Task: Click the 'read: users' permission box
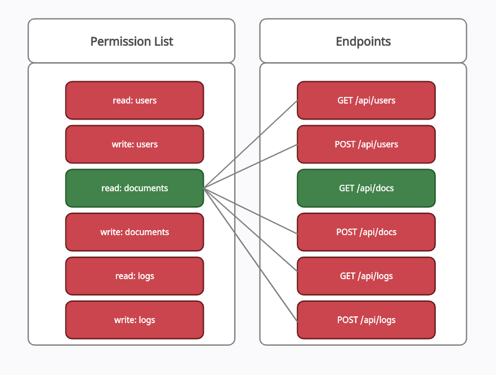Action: pyautogui.click(x=135, y=100)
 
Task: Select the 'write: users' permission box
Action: pyautogui.click(x=135, y=144)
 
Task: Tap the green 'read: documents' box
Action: pyautogui.click(x=135, y=188)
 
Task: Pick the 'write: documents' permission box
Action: pyautogui.click(x=135, y=232)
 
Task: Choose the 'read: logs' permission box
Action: pyautogui.click(x=135, y=276)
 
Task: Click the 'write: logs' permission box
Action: pyautogui.click(x=135, y=320)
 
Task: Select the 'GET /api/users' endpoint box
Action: pyautogui.click(x=367, y=100)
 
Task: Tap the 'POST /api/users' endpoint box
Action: pyautogui.click(x=367, y=144)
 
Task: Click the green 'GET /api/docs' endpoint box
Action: pyautogui.click(x=367, y=188)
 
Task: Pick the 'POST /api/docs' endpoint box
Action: pyautogui.click(x=367, y=232)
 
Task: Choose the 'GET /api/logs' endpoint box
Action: pyautogui.click(x=367, y=276)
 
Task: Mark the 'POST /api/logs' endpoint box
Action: pyautogui.click(x=367, y=320)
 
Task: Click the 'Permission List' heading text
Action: pyautogui.click(x=132, y=42)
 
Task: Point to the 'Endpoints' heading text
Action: pyautogui.click(x=363, y=42)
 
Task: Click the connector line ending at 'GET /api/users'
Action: pyautogui.click(x=251, y=144)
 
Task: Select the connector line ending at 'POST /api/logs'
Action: pyautogui.click(x=251, y=255)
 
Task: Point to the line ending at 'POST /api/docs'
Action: pyautogui.click(x=251, y=211)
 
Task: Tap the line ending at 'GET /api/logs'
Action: pyautogui.click(x=251, y=230)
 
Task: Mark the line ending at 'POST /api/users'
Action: pyautogui.click(x=251, y=166)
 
